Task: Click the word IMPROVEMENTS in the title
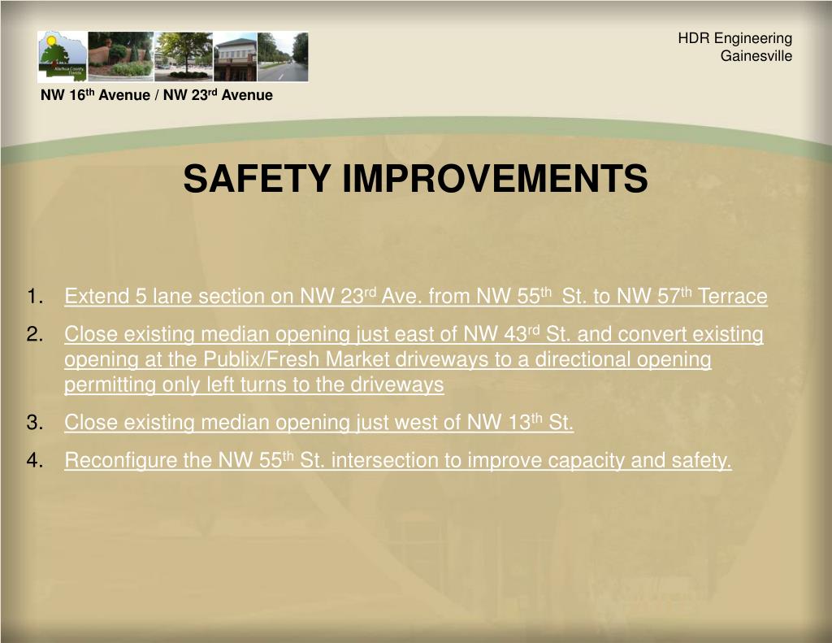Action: pyautogui.click(x=495, y=178)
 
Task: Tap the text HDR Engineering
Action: pyautogui.click(x=734, y=39)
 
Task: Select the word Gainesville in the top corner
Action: pyautogui.click(x=756, y=56)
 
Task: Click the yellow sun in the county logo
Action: pyautogui.click(x=51, y=40)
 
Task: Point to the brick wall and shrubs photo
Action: pyautogui.click(x=120, y=56)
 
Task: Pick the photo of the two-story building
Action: pyautogui.click(x=235, y=56)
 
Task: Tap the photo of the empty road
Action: pyautogui.click(x=282, y=56)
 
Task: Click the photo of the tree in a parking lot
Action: pyautogui.click(x=183, y=56)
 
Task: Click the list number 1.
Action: pyautogui.click(x=34, y=296)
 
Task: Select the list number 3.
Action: pyautogui.click(x=34, y=423)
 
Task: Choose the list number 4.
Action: pyautogui.click(x=34, y=460)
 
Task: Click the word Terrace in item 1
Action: pyautogui.click(x=732, y=296)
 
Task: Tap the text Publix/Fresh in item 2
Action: pyautogui.click(x=262, y=359)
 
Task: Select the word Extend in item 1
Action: pyautogui.click(x=97, y=296)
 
